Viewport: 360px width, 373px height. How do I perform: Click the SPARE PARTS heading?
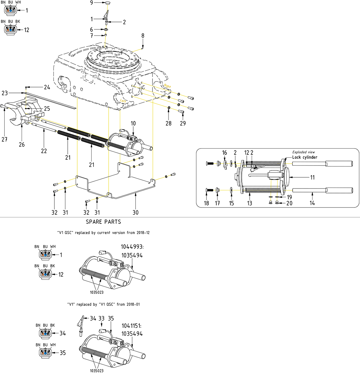[103, 222]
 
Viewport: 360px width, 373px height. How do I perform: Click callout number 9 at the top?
[92, 3]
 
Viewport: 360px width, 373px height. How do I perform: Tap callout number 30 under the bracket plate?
[135, 212]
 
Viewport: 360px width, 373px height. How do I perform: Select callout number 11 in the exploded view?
[312, 177]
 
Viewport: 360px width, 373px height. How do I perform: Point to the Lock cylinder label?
[304, 157]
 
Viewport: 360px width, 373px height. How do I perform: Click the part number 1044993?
[132, 247]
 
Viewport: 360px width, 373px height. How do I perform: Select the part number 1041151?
[132, 326]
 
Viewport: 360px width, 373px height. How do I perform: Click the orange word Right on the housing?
[168, 86]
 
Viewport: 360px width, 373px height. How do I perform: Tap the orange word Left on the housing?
[123, 100]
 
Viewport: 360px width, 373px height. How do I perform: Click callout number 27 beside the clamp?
[4, 139]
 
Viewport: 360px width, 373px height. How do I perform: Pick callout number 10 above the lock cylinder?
[133, 123]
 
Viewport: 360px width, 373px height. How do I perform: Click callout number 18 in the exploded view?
[207, 203]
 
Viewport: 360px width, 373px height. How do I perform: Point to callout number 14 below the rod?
[312, 203]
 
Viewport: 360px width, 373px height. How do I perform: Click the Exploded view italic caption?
[303, 152]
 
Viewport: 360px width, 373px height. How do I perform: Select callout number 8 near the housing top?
[143, 36]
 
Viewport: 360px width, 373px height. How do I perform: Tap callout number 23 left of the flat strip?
[5, 93]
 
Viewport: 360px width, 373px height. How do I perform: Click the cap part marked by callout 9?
[109, 3]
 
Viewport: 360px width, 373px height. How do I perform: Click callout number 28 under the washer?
[168, 123]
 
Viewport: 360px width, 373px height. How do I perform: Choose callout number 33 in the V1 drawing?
[101, 318]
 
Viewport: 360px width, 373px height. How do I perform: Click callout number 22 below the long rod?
[44, 151]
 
